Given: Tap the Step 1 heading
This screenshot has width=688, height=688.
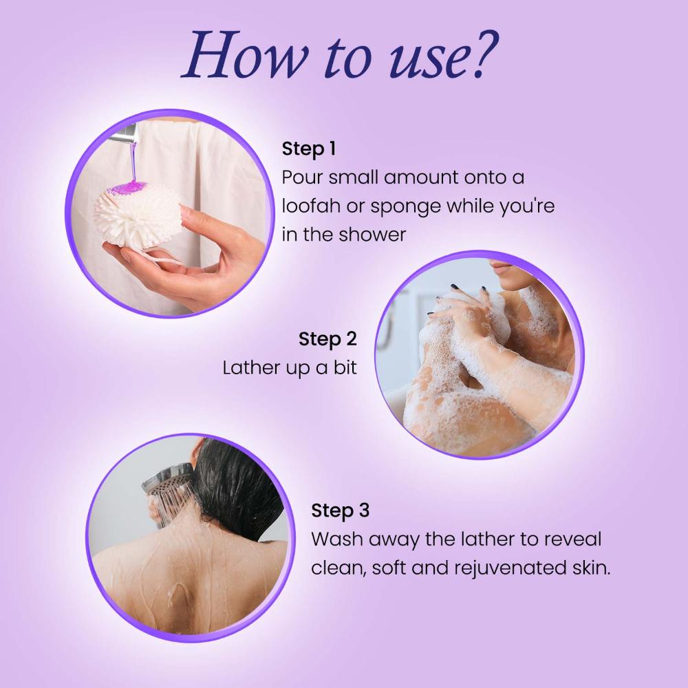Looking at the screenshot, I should [308, 149].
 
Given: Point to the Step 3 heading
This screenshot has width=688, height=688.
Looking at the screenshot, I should [340, 510].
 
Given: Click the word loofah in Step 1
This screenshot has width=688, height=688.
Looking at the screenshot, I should [309, 206].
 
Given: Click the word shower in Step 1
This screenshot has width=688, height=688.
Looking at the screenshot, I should [373, 235].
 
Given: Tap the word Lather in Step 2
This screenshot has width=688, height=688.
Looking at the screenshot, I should [248, 367].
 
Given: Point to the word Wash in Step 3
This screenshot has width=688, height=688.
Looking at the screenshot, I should [335, 539].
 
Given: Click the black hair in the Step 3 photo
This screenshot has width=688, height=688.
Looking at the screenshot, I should [234, 482].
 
